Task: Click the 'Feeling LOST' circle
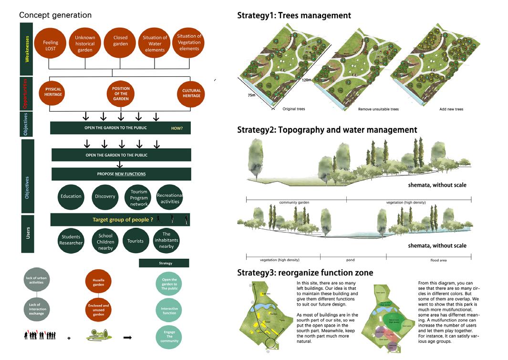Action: click(x=51, y=45)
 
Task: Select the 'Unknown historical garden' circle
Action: click(x=85, y=43)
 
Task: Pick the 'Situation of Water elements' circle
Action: click(x=155, y=44)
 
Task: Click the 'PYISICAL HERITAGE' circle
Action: click(x=53, y=92)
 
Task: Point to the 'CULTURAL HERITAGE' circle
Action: click(x=191, y=93)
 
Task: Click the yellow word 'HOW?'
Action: click(x=177, y=128)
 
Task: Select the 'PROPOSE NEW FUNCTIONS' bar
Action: click(x=121, y=174)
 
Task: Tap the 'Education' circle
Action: click(x=71, y=197)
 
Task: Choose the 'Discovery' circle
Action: click(x=105, y=197)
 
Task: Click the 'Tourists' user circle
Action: click(x=135, y=241)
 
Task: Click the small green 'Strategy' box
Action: click(x=164, y=263)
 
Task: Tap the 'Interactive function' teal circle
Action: click(x=166, y=311)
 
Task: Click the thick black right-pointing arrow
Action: click(x=128, y=338)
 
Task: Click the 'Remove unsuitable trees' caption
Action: click(x=378, y=109)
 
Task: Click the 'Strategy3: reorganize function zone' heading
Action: click(x=305, y=273)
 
